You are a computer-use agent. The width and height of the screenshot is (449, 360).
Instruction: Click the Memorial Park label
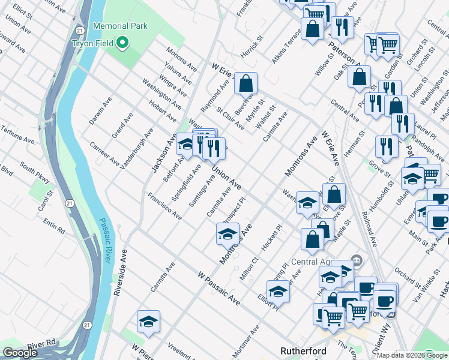tap(120, 27)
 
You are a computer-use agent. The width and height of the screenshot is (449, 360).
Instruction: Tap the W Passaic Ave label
tap(218, 288)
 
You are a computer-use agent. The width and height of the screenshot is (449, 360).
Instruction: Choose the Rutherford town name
tap(303, 351)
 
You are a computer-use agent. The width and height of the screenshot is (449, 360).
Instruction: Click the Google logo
tap(20, 352)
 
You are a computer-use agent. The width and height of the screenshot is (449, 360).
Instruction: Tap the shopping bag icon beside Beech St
tap(246, 84)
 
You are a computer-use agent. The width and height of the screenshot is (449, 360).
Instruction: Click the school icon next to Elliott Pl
tap(278, 292)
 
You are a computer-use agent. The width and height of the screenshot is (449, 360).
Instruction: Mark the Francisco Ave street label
tap(164, 206)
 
